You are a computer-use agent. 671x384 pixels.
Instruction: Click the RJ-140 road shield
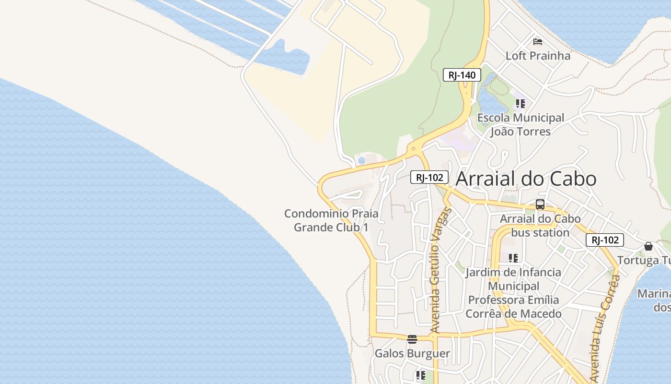pyautogui.click(x=462, y=75)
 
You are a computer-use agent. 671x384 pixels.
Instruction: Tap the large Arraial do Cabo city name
pyautogui.click(x=526, y=179)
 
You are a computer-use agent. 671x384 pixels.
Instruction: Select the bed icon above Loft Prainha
pyautogui.click(x=538, y=41)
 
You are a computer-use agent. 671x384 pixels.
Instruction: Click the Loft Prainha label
pyautogui.click(x=538, y=56)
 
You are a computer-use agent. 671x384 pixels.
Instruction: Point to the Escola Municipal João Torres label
pyautogui.click(x=521, y=124)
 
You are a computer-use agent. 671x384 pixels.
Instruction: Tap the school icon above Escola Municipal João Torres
pyautogui.click(x=521, y=103)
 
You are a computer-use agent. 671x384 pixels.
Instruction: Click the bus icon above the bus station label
pyautogui.click(x=540, y=204)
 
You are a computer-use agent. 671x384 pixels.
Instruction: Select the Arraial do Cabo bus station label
pyautogui.click(x=540, y=226)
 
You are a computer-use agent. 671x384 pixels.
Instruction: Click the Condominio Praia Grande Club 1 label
pyautogui.click(x=331, y=220)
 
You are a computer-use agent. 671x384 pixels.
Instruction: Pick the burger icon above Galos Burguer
pyautogui.click(x=412, y=339)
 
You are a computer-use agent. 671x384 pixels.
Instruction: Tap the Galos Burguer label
pyautogui.click(x=412, y=354)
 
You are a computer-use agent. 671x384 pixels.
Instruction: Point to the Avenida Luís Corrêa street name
pyautogui.click(x=605, y=329)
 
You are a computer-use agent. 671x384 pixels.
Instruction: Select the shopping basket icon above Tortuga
pyautogui.click(x=648, y=246)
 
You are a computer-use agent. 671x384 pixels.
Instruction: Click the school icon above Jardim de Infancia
pyautogui.click(x=513, y=258)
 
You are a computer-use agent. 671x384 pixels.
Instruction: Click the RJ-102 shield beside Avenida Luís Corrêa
pyautogui.click(x=604, y=240)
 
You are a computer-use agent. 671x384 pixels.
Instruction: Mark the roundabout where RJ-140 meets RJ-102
pyautogui.click(x=414, y=149)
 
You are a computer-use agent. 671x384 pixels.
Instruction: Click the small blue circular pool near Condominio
pyautogui.click(x=362, y=160)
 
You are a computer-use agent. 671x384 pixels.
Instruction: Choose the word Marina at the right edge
pyautogui.click(x=654, y=293)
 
